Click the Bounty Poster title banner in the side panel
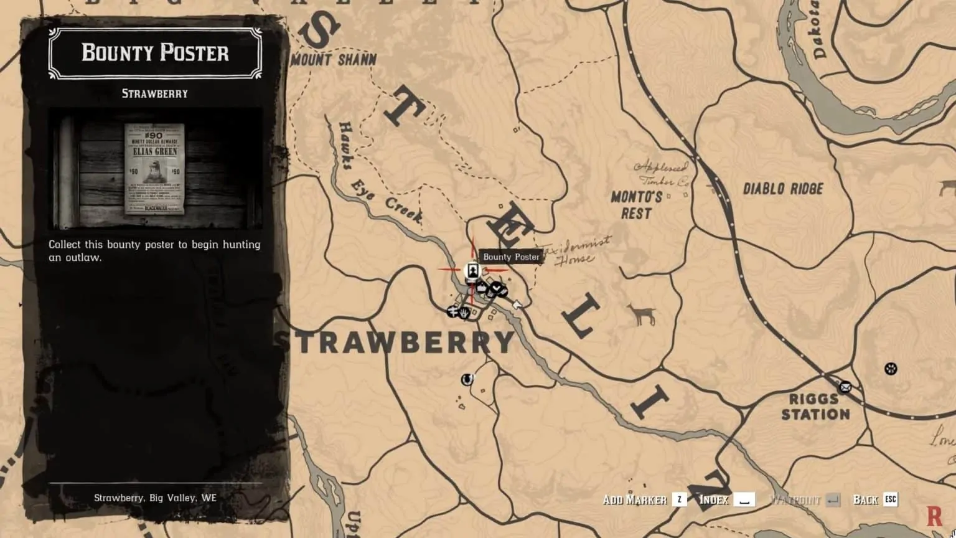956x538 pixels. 155,53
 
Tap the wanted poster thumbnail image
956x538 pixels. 155,168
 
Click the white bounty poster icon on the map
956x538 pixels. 472,270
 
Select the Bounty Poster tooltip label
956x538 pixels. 511,257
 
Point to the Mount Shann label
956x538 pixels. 334,60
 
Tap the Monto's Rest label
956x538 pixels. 636,205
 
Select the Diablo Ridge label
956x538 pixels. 783,188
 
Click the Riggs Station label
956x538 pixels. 815,407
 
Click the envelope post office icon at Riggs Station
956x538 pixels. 845,387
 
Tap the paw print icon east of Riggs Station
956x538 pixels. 891,369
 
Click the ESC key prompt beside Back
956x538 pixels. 891,499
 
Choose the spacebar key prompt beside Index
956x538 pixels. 744,499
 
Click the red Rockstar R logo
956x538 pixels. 934,516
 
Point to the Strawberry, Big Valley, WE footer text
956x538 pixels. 155,498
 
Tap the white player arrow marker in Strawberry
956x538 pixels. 517,304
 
